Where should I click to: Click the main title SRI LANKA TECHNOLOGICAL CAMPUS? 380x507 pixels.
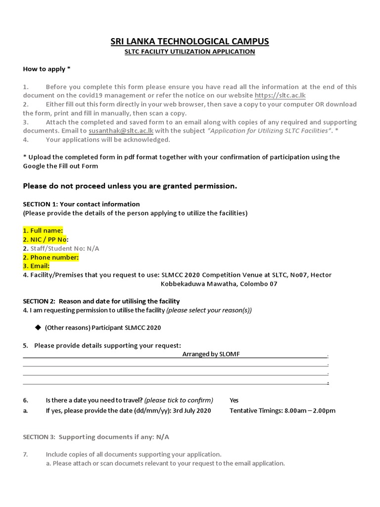(x=190, y=41)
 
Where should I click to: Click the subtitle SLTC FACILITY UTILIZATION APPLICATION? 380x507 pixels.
(x=190, y=51)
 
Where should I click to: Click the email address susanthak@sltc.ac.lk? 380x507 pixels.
(x=121, y=131)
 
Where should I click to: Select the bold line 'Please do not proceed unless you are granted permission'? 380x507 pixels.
(x=130, y=186)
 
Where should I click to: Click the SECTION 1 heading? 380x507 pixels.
(x=81, y=204)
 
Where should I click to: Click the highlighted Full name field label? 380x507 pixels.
(x=43, y=231)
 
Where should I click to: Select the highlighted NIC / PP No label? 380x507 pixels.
(x=45, y=240)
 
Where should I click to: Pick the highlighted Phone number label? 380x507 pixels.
(x=51, y=257)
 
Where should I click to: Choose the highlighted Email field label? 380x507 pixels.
(x=37, y=266)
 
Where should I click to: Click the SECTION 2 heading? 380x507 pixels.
(x=101, y=301)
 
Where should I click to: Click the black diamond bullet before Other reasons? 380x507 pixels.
(x=38, y=327)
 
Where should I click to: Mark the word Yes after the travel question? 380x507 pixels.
(x=234, y=400)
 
